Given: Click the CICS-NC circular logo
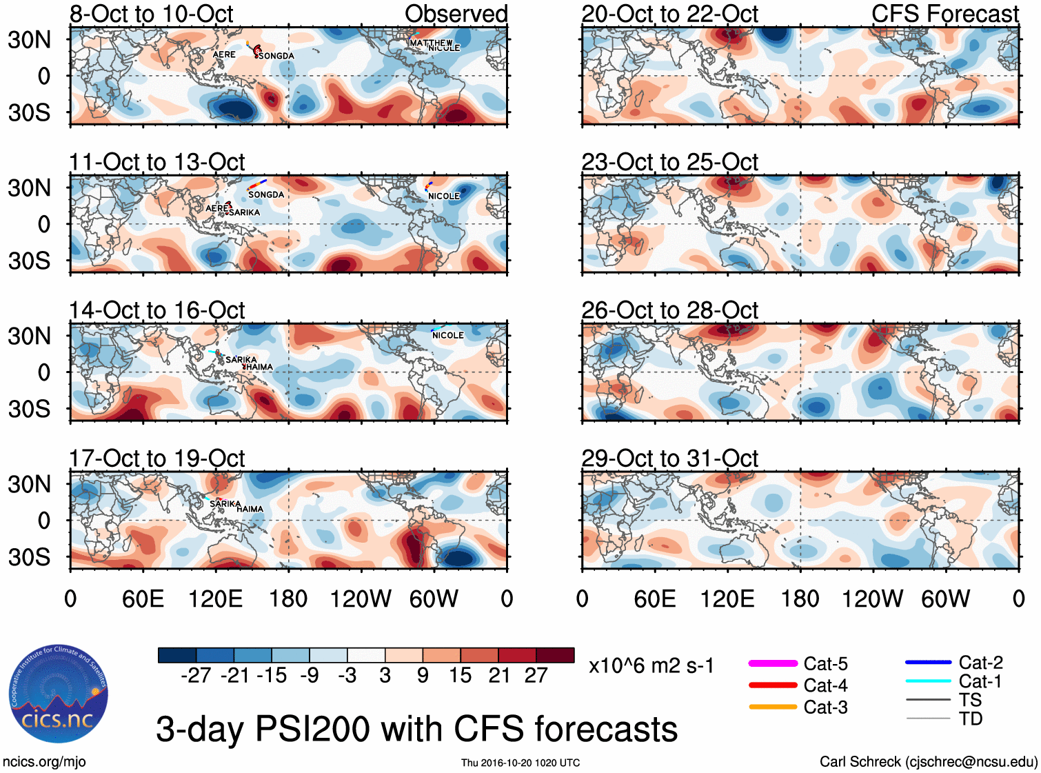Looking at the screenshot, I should [x=59, y=694].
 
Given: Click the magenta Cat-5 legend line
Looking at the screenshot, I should [x=773, y=663].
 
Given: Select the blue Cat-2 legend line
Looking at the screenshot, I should [x=928, y=662].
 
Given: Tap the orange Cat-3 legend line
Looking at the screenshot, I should [x=773, y=707].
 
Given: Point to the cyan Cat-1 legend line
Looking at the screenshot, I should [x=928, y=681].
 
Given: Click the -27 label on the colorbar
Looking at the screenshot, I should [x=196, y=676].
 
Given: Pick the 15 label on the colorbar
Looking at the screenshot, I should [x=461, y=676].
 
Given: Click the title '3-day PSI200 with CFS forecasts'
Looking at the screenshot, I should [x=416, y=729].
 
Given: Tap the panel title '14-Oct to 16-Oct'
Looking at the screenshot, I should [x=157, y=310].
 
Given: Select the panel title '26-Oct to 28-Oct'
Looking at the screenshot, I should [x=669, y=310].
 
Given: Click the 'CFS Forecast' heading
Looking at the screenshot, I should [x=944, y=14].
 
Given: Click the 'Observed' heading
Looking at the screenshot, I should [x=456, y=14].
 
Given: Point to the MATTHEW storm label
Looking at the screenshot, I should [x=431, y=43].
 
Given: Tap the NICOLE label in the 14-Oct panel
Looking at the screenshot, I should [x=448, y=336].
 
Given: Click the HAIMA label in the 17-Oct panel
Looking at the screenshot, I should [x=250, y=510].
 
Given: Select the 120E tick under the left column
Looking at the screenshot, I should [x=216, y=599].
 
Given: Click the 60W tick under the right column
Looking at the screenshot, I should [x=945, y=599].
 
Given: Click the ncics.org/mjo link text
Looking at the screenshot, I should [x=44, y=762].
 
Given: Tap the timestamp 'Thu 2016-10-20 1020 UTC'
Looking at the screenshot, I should [x=520, y=763].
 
